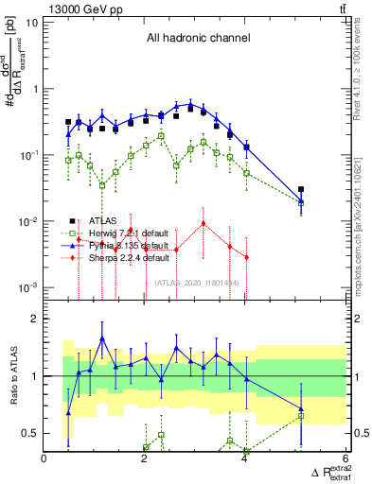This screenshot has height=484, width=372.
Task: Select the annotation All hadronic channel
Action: click(198, 38)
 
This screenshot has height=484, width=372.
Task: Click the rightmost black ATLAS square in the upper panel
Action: click(301, 190)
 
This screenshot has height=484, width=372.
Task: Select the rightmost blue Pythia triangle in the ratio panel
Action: click(301, 409)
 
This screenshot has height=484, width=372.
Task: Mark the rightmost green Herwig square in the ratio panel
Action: click(301, 415)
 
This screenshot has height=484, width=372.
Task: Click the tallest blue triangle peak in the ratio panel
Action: click(102, 337)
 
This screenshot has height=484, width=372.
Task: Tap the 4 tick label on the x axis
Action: click(245, 461)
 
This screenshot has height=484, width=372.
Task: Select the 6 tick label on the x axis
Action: click(345, 461)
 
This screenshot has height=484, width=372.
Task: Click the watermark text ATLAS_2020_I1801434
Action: click(195, 282)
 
